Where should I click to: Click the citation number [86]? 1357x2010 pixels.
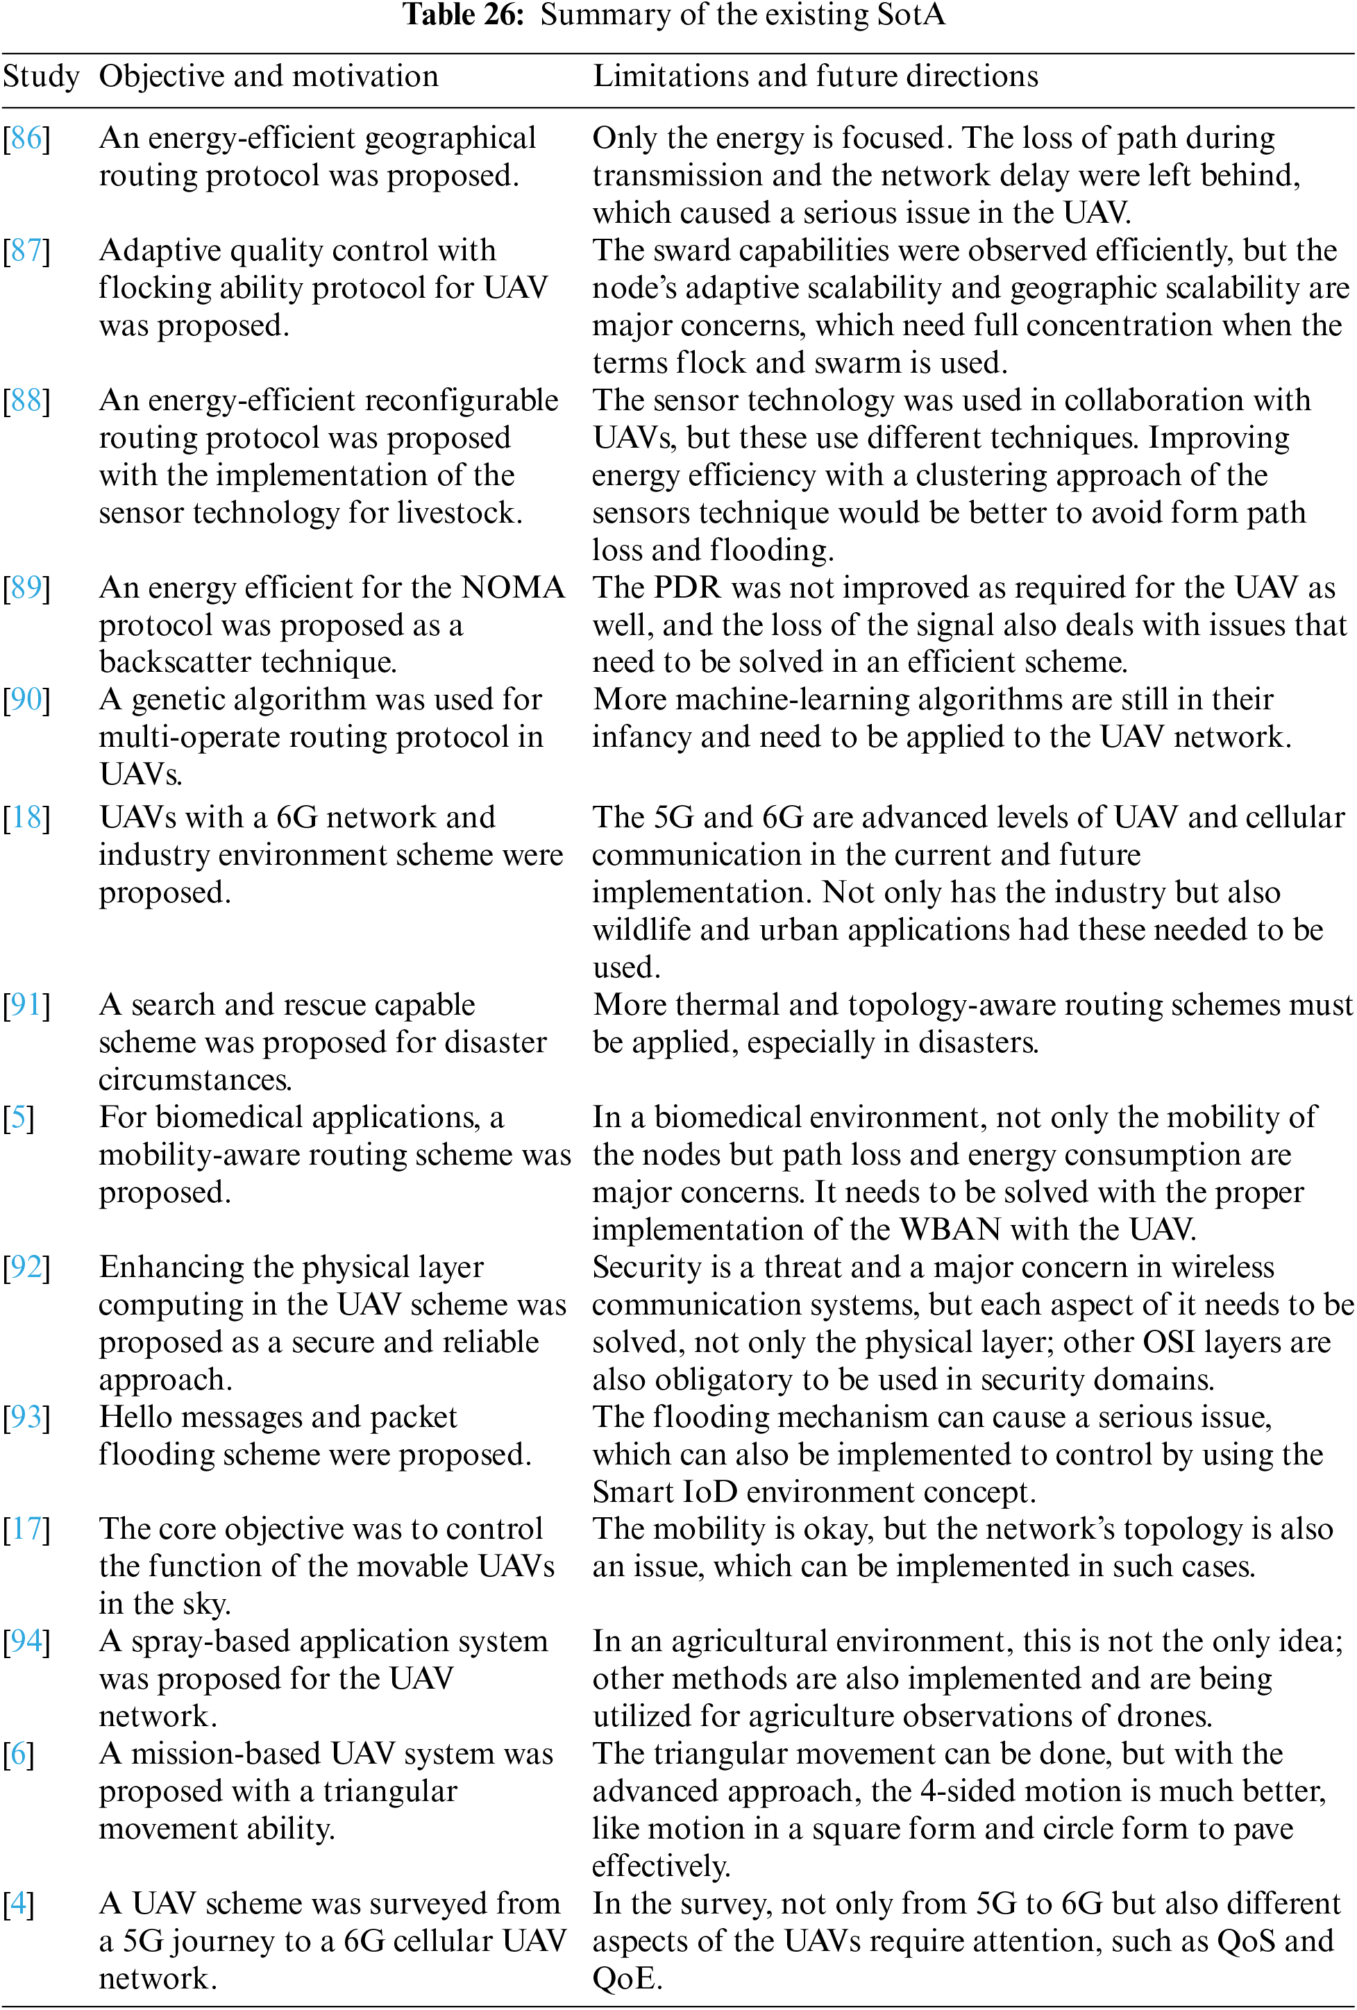pyautogui.click(x=27, y=138)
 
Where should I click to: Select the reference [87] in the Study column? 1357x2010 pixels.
pyautogui.click(x=27, y=251)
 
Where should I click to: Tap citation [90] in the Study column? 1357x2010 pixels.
pyautogui.click(x=27, y=700)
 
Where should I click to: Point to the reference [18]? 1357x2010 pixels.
pyautogui.click(x=27, y=818)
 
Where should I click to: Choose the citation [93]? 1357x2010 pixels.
pyautogui.click(x=27, y=1417)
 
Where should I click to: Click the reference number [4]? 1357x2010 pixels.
pyautogui.click(x=18, y=1904)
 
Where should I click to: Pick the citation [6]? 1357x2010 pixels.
pyautogui.click(x=18, y=1754)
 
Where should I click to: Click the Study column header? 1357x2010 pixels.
pyautogui.click(x=41, y=77)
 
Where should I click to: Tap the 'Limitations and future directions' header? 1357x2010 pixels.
pyautogui.click(x=815, y=77)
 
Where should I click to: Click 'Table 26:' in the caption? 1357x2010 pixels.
pyautogui.click(x=464, y=15)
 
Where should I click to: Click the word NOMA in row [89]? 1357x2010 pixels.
pyautogui.click(x=513, y=587)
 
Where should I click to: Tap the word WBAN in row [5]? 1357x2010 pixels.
pyautogui.click(x=950, y=1229)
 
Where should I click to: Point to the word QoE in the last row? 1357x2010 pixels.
pyautogui.click(x=626, y=1979)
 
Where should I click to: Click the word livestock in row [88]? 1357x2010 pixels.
pyautogui.click(x=458, y=513)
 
